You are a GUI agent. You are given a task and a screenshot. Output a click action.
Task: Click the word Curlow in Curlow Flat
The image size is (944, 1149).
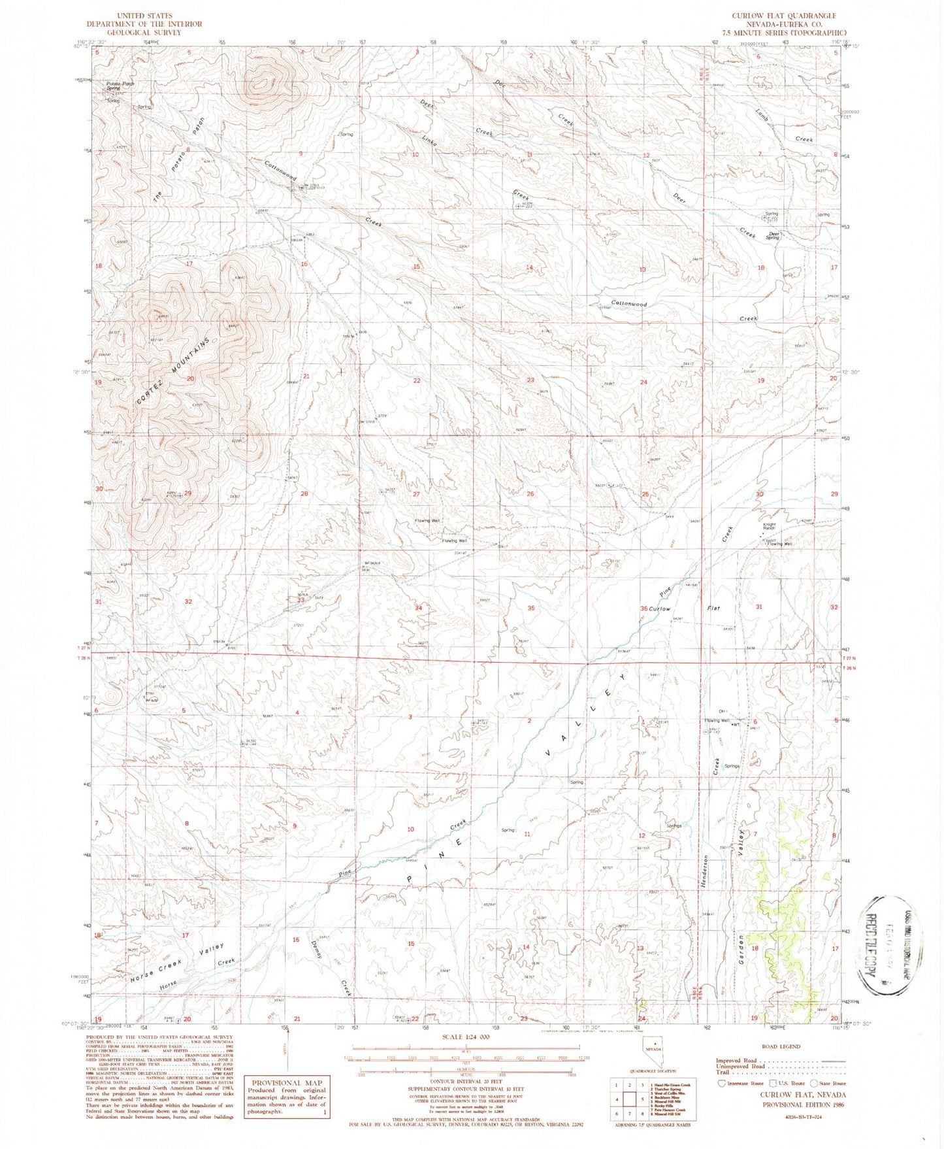point(660,609)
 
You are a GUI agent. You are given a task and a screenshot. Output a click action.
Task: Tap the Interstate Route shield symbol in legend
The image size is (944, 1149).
point(722,1082)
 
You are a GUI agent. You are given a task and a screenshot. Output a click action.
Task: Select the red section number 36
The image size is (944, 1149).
point(643,608)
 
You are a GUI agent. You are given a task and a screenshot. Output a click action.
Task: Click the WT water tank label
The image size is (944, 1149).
point(736,724)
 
